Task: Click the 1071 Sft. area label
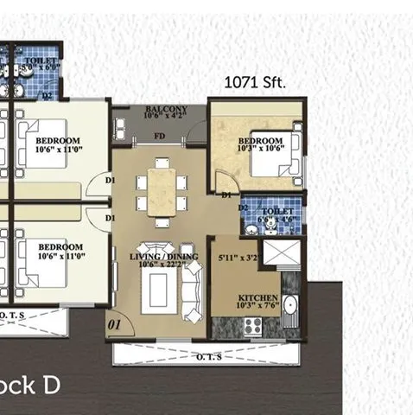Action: coord(255,84)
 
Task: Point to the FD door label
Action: coord(160,137)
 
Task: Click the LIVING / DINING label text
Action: coord(163,257)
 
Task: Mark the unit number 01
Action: coord(113,325)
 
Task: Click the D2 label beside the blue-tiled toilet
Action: coord(244,208)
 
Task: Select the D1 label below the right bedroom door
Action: coord(226,196)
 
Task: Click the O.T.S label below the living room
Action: coord(206,357)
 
